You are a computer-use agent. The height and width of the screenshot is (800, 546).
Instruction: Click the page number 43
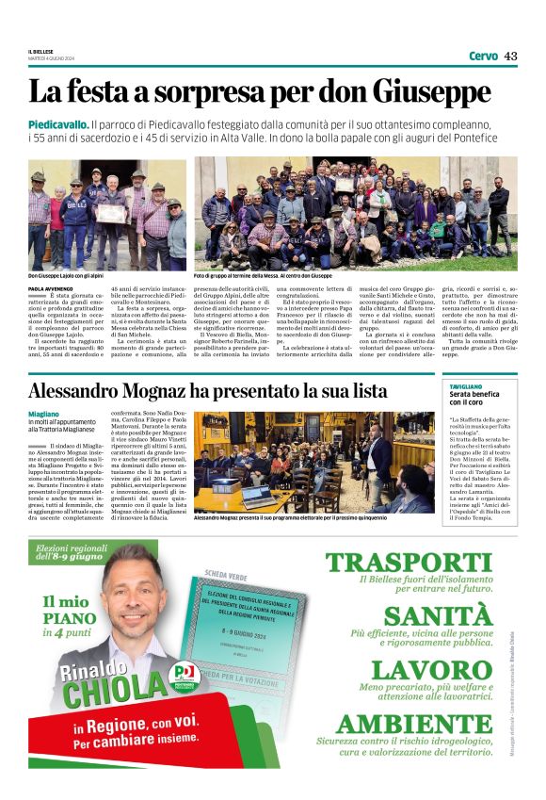[x=510, y=57]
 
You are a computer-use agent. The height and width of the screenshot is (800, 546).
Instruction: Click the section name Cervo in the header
[x=483, y=57]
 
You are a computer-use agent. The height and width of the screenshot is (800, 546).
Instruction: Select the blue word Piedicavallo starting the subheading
[x=58, y=124]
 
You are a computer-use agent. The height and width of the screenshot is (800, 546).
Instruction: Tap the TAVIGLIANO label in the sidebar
[x=465, y=386]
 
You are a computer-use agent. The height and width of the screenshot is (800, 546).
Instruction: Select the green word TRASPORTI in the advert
[x=409, y=563]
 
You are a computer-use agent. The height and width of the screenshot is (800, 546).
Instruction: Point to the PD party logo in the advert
[x=185, y=673]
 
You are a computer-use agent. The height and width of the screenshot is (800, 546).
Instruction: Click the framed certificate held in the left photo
[x=111, y=213]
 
